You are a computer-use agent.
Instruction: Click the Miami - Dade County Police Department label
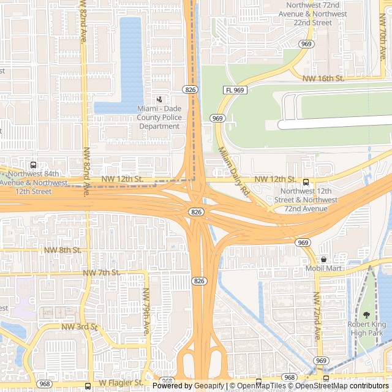(x=159, y=117)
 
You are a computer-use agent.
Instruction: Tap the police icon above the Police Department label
(x=159, y=99)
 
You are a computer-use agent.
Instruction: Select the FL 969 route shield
(x=235, y=90)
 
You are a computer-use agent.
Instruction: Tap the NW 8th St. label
(x=62, y=250)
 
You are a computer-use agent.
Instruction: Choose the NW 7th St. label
(x=100, y=272)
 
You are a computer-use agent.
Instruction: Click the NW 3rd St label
(x=80, y=327)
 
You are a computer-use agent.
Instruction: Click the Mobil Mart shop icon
(x=323, y=259)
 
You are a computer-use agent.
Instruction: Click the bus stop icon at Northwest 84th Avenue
(x=33, y=165)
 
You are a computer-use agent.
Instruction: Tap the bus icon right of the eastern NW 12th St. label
(x=306, y=182)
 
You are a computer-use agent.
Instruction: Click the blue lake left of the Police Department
(x=130, y=61)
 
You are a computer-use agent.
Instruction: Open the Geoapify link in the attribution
(x=210, y=386)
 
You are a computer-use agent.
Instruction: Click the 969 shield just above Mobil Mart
(x=303, y=243)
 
